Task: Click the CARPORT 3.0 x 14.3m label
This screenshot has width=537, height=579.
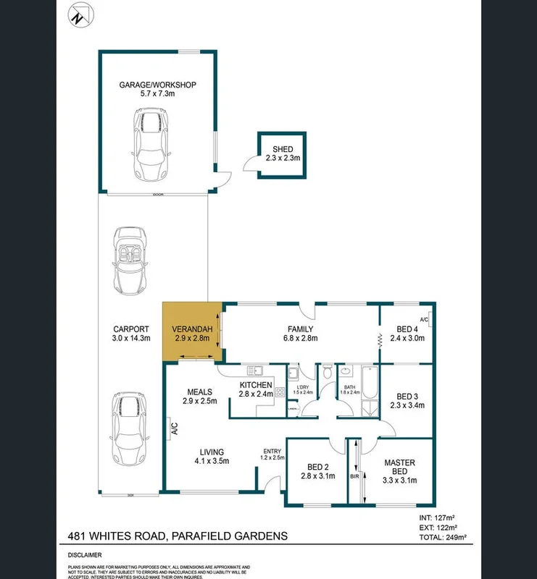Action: (x=131, y=334)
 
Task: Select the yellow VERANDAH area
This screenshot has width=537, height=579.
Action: (x=191, y=332)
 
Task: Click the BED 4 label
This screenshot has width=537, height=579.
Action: (x=407, y=333)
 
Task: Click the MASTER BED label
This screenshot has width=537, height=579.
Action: (x=399, y=468)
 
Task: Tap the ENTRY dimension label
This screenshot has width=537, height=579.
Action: (x=273, y=454)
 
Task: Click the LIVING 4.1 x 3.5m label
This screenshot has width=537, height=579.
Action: (x=212, y=457)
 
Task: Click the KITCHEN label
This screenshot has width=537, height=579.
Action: (x=255, y=389)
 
